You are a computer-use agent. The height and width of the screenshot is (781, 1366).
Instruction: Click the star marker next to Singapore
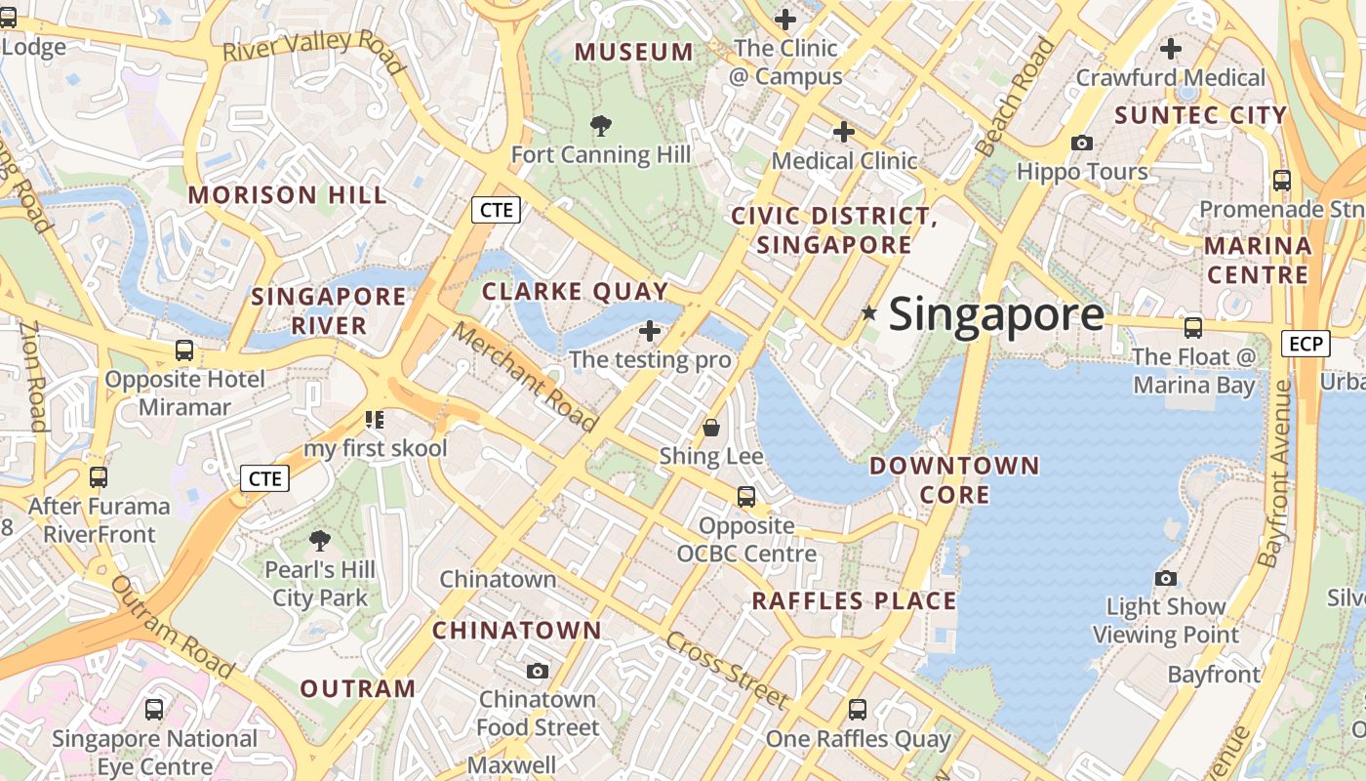(868, 312)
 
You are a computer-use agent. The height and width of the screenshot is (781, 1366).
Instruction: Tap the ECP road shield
(1306, 344)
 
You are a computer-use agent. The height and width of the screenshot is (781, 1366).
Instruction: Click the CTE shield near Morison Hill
(496, 209)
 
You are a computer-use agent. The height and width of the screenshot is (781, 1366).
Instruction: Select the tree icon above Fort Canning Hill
(601, 125)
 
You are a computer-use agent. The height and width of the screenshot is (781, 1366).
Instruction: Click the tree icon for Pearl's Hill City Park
(320, 540)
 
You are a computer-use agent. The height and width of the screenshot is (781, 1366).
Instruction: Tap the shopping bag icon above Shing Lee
(711, 428)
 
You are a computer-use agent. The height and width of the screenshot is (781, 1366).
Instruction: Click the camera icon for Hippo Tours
(1081, 143)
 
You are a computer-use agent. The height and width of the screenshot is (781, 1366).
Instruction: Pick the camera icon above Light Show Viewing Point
(1165, 578)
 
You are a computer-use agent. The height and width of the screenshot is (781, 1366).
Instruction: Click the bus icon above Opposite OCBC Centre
(746, 497)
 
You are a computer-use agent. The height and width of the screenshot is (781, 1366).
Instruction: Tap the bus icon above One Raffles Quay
(858, 710)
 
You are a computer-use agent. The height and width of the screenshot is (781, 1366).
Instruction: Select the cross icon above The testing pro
(650, 331)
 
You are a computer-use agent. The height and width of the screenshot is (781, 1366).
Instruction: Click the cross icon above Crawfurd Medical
(1170, 48)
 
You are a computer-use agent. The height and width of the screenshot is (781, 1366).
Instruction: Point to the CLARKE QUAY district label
(575, 291)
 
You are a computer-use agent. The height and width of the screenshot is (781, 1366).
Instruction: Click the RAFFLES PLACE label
(854, 600)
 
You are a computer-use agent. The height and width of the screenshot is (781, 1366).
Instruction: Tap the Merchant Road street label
(524, 376)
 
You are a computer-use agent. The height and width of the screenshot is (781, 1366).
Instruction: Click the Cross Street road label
(727, 670)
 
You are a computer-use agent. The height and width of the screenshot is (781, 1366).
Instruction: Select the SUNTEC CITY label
(1200, 115)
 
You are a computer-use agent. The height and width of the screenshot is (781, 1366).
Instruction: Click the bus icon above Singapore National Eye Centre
(154, 710)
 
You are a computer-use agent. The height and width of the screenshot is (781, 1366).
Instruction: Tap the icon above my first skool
(375, 420)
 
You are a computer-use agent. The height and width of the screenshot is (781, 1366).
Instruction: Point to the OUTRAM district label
(358, 688)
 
